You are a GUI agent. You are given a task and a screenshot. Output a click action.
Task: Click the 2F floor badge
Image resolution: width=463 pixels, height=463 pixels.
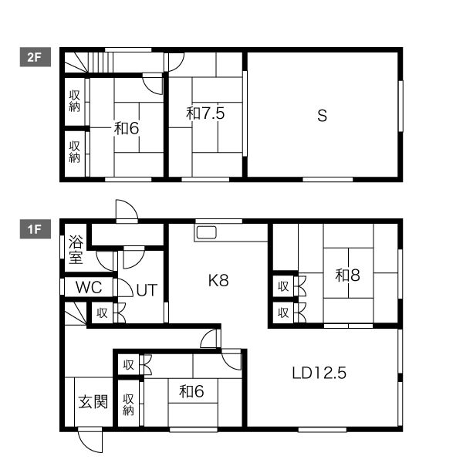[x=35, y=57]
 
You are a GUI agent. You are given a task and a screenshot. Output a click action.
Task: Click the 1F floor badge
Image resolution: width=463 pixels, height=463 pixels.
[x=35, y=229]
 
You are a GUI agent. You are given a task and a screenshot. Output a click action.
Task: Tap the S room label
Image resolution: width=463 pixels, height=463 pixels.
[x=322, y=116]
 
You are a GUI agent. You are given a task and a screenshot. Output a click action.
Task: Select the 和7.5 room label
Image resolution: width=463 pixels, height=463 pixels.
[x=205, y=113]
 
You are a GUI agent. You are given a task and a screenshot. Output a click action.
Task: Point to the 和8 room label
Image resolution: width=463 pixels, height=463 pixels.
[x=347, y=275]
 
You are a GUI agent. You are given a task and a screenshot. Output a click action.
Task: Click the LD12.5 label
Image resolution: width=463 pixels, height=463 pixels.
[x=319, y=373]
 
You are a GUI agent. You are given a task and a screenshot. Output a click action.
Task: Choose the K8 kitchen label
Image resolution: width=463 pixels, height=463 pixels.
[x=218, y=280]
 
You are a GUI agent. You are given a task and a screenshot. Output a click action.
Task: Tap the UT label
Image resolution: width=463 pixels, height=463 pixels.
[x=147, y=290]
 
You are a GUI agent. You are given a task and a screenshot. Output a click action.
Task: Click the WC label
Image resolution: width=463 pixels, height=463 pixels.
[x=89, y=287]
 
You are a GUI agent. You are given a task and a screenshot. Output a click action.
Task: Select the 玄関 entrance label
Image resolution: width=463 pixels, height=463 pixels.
[x=93, y=401]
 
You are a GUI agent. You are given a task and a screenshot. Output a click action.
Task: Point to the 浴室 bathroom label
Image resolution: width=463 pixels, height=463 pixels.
[x=76, y=249]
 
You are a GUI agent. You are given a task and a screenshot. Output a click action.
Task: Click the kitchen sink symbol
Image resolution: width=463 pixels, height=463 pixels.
[x=206, y=232]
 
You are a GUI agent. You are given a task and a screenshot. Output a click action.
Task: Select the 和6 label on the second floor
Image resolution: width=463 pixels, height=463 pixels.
[x=127, y=128]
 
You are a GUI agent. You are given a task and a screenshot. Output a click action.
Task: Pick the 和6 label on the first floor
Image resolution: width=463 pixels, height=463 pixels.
[x=191, y=391]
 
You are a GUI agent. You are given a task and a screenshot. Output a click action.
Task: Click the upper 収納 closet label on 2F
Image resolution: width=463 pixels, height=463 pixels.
[x=74, y=101]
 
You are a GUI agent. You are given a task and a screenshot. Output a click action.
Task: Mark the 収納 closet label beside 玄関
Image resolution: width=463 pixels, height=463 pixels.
[x=128, y=404]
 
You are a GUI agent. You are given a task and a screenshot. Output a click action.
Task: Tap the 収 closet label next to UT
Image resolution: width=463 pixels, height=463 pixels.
[x=102, y=313]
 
